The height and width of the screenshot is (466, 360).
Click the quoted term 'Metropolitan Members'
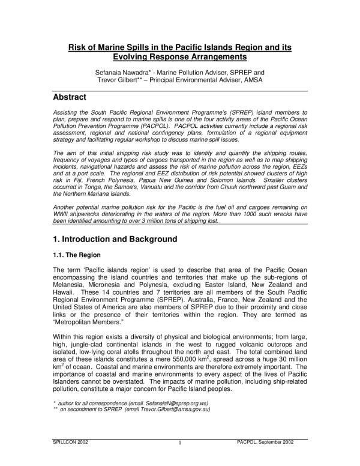click(86, 321)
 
